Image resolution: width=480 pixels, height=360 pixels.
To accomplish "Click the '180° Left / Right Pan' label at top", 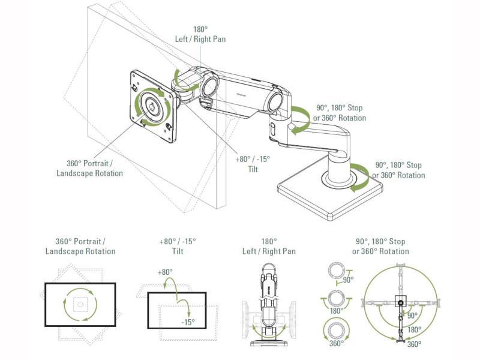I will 201,34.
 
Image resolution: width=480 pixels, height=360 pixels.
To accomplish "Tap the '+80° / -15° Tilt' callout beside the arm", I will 253,163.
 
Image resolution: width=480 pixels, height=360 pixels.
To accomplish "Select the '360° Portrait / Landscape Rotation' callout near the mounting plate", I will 90,168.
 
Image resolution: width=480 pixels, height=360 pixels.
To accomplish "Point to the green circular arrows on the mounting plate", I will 146,107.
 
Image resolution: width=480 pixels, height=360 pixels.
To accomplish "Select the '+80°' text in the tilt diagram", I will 164,272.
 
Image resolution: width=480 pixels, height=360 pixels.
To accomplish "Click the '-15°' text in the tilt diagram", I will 188,322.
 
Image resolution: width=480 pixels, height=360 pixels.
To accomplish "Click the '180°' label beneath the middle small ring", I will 336,311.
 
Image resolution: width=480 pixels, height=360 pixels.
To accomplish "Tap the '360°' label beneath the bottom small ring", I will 336,344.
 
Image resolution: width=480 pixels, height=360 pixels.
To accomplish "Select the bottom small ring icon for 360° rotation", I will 336,329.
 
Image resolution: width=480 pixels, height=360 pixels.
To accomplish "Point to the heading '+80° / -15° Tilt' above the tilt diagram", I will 177,247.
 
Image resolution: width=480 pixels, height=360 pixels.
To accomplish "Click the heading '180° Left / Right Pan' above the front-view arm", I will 269,247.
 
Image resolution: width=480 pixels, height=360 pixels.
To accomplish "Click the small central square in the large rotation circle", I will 400,302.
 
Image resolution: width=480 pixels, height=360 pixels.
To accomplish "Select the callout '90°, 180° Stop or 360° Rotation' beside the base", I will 398,170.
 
